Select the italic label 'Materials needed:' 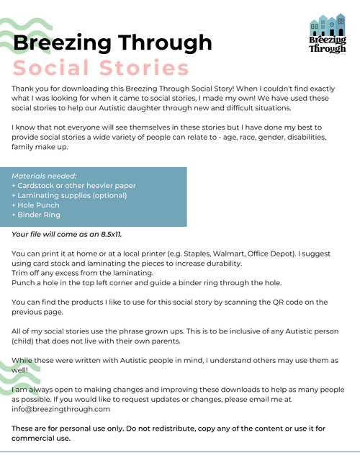point(44,176)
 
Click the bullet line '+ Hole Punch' point(36,205)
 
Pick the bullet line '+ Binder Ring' point(36,215)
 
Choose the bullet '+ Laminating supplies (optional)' point(69,195)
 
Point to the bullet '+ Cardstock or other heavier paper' point(73,186)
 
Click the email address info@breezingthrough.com point(60,408)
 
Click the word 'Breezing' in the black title point(59,43)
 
